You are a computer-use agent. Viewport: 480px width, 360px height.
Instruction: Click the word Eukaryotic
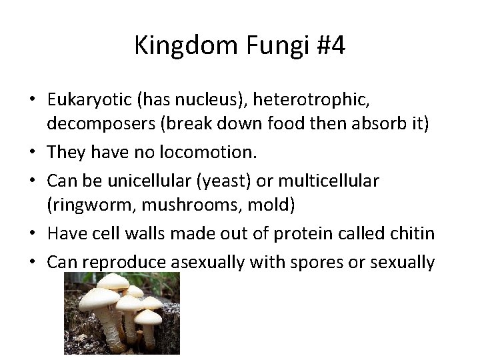pos(90,99)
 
